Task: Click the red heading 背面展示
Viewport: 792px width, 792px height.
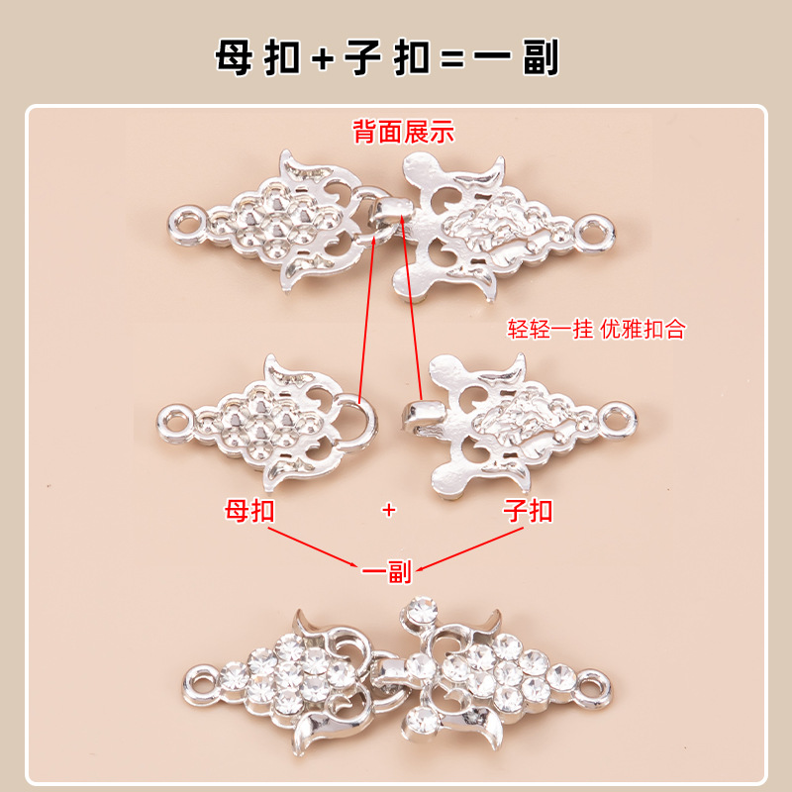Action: point(404,131)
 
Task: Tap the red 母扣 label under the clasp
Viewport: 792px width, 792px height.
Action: point(249,511)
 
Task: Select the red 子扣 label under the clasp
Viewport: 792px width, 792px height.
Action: point(528,511)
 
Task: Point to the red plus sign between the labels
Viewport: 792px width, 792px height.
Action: point(388,510)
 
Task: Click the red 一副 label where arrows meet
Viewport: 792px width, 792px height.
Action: point(386,571)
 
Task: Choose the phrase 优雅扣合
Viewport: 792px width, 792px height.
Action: point(643,330)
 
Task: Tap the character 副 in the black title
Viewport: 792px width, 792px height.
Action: point(539,57)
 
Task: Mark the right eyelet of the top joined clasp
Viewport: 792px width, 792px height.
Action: point(595,235)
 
